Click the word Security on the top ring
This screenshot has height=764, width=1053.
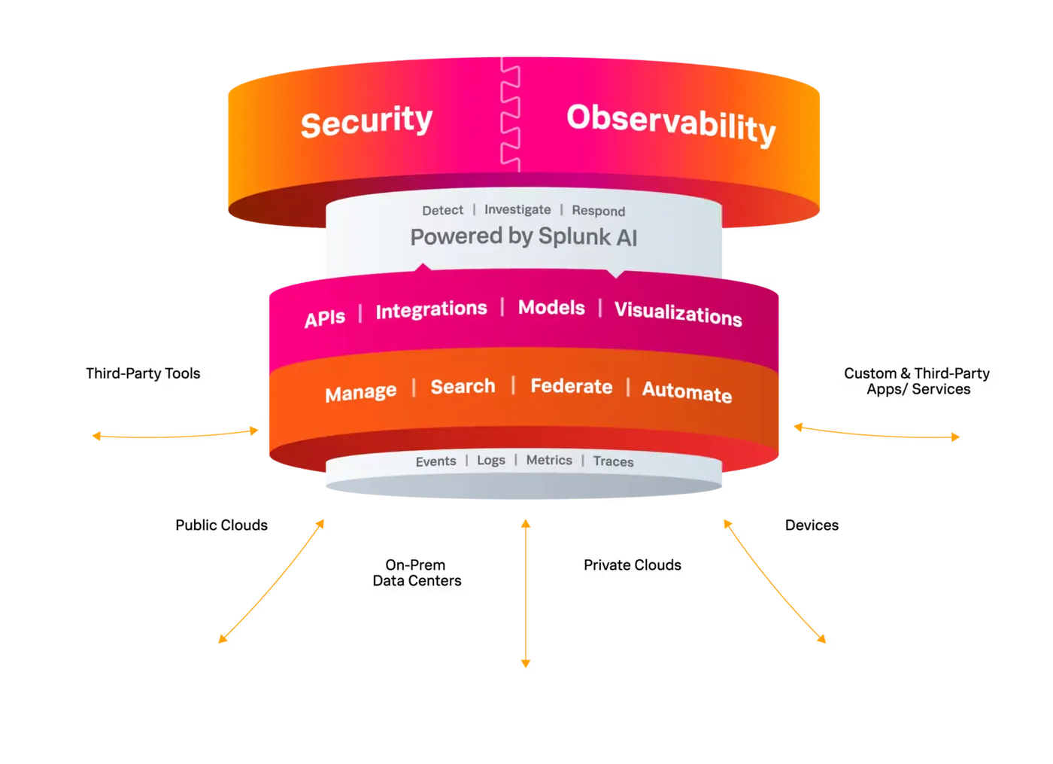click(x=366, y=121)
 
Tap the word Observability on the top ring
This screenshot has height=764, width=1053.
click(x=670, y=124)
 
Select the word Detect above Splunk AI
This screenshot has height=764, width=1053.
click(x=442, y=211)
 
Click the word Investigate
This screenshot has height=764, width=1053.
click(x=517, y=210)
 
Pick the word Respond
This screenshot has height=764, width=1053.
click(x=598, y=211)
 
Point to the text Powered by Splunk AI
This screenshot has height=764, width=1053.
click(x=523, y=237)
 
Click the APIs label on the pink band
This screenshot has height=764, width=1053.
click(x=325, y=318)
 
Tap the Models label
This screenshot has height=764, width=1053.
click(x=551, y=308)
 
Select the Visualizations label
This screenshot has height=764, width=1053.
click(x=678, y=314)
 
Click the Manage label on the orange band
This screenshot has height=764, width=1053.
click(x=360, y=392)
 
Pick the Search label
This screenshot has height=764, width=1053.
click(x=463, y=387)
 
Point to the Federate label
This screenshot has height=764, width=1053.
click(x=571, y=387)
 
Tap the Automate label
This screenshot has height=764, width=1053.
click(x=687, y=392)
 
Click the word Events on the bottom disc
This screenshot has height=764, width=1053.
click(x=435, y=461)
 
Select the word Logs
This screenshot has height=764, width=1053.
click(x=491, y=461)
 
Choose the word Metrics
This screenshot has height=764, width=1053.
click(x=549, y=461)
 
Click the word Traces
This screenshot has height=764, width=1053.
click(x=613, y=462)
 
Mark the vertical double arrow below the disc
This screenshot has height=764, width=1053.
click(x=526, y=591)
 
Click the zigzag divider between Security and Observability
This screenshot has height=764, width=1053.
click(x=511, y=117)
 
